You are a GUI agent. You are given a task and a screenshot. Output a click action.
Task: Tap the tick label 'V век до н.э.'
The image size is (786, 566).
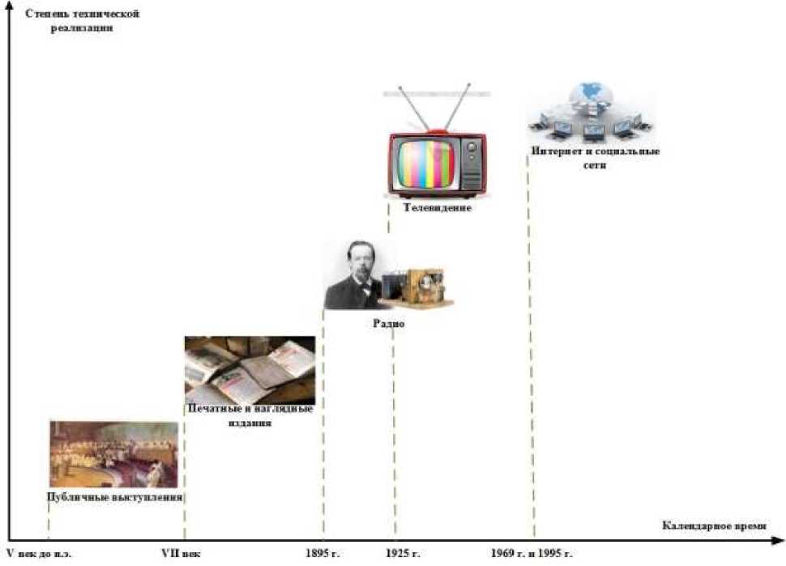pos(38,554)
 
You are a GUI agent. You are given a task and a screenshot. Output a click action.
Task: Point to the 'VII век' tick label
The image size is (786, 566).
pos(181,554)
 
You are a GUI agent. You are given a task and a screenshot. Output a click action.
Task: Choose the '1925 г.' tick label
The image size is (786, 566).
pos(403,554)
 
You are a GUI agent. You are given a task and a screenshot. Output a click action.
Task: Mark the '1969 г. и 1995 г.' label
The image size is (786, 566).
pos(532,554)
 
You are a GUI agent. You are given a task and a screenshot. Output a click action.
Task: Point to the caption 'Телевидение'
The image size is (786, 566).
pos(429,208)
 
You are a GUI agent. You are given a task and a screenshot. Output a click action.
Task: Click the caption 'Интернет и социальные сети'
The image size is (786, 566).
pos(595,159)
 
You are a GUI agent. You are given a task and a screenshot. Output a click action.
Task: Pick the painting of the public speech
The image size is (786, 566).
pos(114,453)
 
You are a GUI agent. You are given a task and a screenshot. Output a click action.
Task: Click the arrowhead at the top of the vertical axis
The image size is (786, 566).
pos(9,6)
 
